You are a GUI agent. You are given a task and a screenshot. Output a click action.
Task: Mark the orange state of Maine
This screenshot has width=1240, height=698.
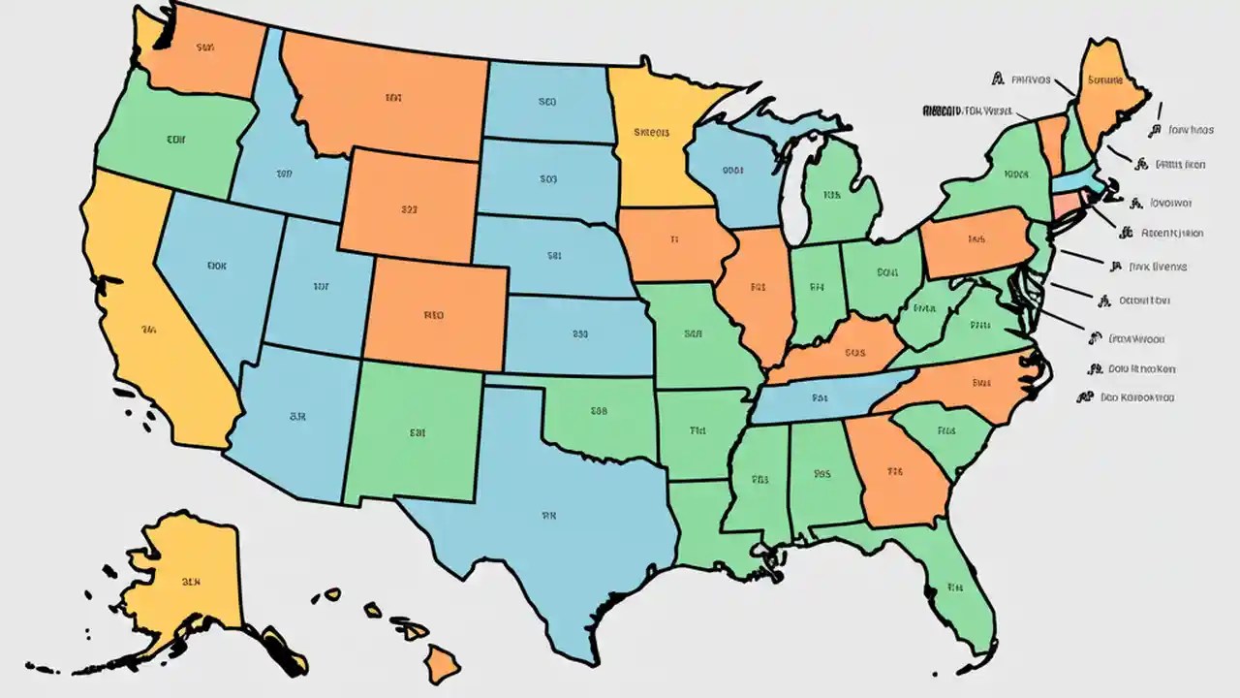coord(1109,92)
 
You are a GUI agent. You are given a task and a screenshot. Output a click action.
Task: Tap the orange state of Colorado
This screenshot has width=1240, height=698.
coord(436,315)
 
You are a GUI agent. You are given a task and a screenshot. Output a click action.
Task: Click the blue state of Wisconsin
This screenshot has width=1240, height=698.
coord(731,174)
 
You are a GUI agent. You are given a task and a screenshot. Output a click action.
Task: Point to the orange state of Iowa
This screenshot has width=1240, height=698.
coord(673,242)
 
